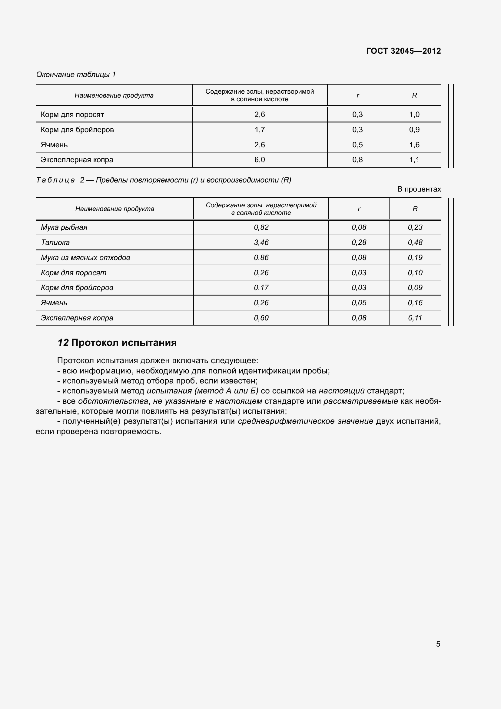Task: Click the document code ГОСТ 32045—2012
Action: point(403,51)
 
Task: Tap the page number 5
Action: point(438,644)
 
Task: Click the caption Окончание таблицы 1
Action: point(76,75)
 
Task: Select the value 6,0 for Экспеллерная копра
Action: point(260,160)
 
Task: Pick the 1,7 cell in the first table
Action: point(260,130)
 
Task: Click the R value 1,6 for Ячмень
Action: point(414,145)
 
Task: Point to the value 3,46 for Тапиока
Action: point(261,242)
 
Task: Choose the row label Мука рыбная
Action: point(64,227)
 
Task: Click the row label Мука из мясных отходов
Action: point(85,258)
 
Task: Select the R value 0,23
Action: point(415,227)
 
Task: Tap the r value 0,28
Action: point(359,242)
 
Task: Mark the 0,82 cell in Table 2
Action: point(261,227)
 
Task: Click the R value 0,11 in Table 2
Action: point(415,318)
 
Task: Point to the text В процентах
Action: point(419,189)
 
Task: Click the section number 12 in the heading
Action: point(63,343)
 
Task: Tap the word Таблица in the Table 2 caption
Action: point(55,180)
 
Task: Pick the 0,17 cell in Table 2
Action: point(261,287)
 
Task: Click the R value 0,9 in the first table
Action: point(414,130)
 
